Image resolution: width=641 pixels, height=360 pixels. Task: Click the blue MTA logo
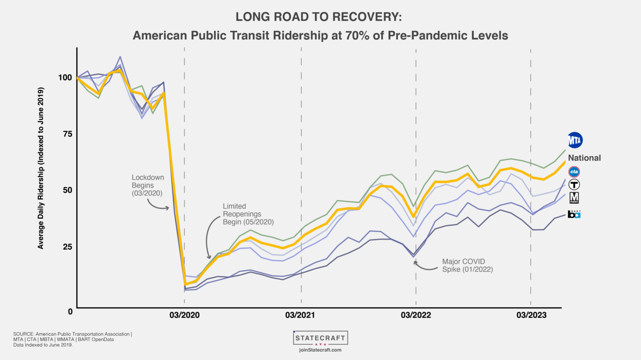coord(575,140)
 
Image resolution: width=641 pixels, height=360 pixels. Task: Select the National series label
coord(584,158)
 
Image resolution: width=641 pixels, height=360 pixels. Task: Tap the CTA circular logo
coord(574,172)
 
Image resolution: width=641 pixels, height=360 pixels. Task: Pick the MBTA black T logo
coord(574,184)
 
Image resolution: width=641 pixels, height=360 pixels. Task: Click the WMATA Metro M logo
coord(574,198)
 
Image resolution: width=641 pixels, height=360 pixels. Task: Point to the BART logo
coord(574,214)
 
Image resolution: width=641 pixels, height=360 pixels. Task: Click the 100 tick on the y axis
coord(65,78)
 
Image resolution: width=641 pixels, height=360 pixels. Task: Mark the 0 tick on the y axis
coord(69,311)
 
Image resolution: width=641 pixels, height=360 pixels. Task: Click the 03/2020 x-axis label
coord(184,315)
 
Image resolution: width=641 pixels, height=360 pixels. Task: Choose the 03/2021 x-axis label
coord(301,315)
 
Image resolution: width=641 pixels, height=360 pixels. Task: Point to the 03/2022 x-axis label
coord(416,315)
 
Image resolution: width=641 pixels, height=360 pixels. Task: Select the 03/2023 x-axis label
coord(531,315)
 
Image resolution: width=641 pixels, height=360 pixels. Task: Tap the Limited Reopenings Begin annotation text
coord(248,214)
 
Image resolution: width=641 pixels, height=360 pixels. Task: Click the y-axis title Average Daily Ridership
coord(41,168)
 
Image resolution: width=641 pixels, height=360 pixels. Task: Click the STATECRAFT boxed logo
coord(320,338)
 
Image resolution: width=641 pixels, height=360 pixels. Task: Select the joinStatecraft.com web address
coord(320,350)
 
